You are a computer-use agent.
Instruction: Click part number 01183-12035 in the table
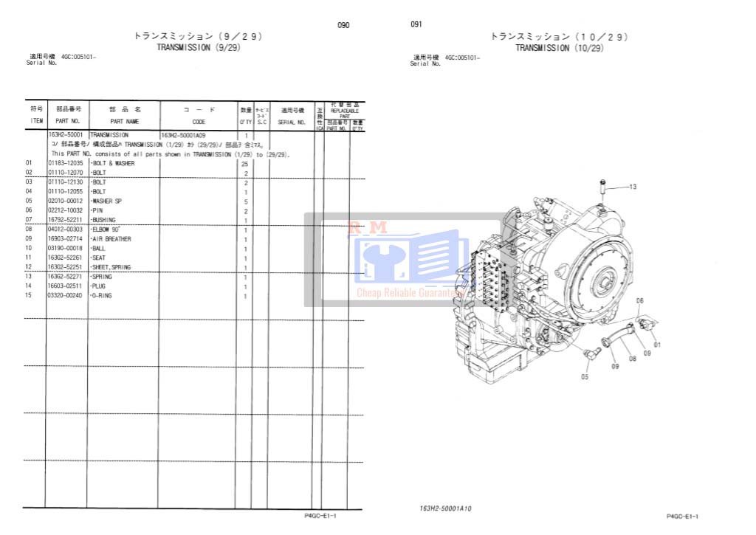[65, 163]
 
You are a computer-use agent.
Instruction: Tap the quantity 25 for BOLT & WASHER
[245, 163]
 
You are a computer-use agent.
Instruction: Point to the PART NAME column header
[124, 121]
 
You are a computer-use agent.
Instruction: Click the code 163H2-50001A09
[183, 135]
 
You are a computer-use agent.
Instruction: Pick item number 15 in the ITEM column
[30, 296]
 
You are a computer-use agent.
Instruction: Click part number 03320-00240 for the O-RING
[65, 296]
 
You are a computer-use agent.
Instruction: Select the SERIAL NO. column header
[291, 122]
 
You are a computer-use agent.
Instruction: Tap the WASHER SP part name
[107, 201]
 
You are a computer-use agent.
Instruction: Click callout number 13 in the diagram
[632, 187]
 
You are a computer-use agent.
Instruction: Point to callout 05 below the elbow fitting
[585, 376]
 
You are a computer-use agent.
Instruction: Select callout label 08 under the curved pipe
[632, 359]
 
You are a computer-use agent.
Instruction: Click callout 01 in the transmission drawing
[657, 345]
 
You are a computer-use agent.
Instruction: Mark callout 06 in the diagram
[639, 300]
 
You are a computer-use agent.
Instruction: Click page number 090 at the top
[343, 25]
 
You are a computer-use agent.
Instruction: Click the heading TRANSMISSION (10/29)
[559, 48]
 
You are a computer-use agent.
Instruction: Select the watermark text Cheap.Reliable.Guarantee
[408, 293]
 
